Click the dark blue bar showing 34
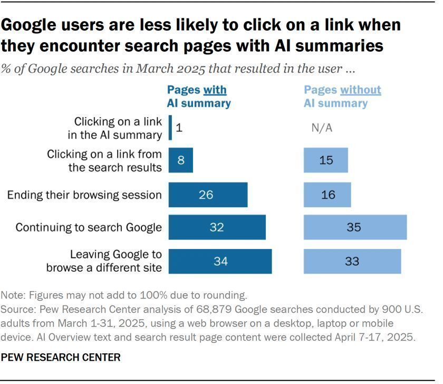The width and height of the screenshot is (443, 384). point(220,261)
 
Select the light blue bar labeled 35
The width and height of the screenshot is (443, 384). point(355,227)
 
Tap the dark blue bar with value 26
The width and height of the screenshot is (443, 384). point(208,194)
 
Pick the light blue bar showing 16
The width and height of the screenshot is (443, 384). point(327,194)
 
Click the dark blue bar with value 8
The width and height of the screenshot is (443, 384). point(180,160)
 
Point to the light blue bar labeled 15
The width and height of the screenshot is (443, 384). point(325,160)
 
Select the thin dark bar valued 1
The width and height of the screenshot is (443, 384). point(170,128)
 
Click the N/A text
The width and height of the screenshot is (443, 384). point(322,128)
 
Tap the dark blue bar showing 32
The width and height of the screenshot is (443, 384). point(217,227)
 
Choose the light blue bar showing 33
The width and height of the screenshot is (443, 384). point(352,261)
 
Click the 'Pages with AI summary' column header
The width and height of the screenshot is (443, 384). point(199,97)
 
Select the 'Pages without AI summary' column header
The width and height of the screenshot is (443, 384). point(342,97)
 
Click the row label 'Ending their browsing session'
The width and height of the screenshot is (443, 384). point(84,195)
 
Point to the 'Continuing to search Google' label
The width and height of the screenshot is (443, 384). point(88,228)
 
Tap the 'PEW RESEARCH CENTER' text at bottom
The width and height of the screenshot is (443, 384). point(61,358)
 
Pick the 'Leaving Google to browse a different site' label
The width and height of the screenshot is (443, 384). point(104,261)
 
